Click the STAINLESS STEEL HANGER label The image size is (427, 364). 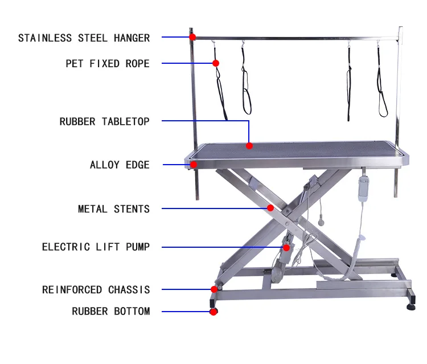(x=84, y=39)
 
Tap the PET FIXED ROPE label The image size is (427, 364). (x=108, y=64)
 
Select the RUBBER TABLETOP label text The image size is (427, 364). (x=105, y=122)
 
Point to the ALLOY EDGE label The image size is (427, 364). (x=120, y=165)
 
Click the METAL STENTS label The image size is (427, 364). (x=114, y=209)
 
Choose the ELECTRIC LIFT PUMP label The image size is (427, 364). (x=96, y=247)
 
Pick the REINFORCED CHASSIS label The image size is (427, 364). (x=96, y=290)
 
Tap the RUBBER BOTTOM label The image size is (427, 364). (x=111, y=312)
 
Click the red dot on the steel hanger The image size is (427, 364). (x=192, y=37)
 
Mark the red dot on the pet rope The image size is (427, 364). (x=216, y=63)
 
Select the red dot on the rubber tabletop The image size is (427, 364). (x=249, y=146)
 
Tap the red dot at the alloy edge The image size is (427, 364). (x=194, y=165)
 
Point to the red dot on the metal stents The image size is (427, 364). (x=270, y=208)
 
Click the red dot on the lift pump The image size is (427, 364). (x=287, y=247)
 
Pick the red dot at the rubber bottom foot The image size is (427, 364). (x=213, y=312)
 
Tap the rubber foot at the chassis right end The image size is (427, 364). (x=410, y=306)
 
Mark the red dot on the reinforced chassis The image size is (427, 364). (x=214, y=289)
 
